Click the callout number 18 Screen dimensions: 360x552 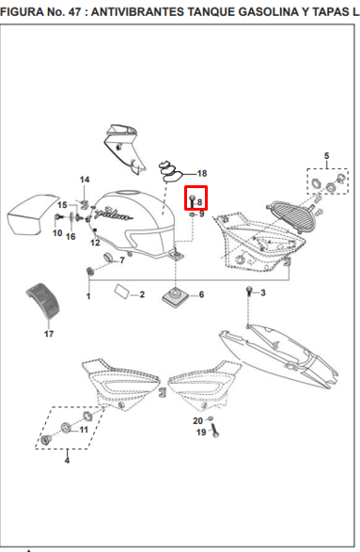point(202,174)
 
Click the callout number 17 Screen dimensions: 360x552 point(49,334)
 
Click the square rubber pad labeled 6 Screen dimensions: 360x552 point(175,296)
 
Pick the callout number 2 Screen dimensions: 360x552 point(142,294)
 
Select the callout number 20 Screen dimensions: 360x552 point(197,420)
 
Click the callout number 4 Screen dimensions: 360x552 point(67,461)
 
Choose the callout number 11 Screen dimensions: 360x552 point(84,430)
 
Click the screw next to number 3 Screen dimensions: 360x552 point(249,291)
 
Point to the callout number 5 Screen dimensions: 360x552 point(326,155)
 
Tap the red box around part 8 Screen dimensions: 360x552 point(196,197)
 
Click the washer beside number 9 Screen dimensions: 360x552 point(192,214)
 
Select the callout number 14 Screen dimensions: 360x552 point(85,180)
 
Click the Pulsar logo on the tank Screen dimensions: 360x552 point(115,213)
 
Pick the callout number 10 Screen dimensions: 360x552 point(57,232)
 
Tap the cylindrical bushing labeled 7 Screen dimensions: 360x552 point(108,258)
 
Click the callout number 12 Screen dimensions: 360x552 point(95,243)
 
